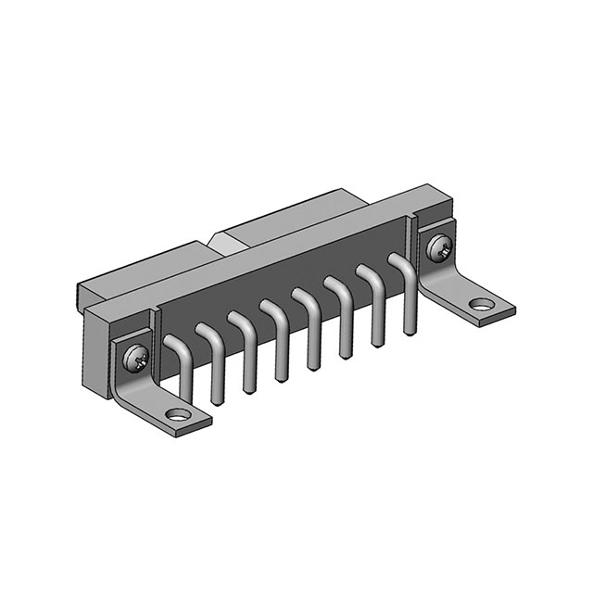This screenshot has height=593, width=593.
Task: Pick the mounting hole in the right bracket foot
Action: tap(480, 303)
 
